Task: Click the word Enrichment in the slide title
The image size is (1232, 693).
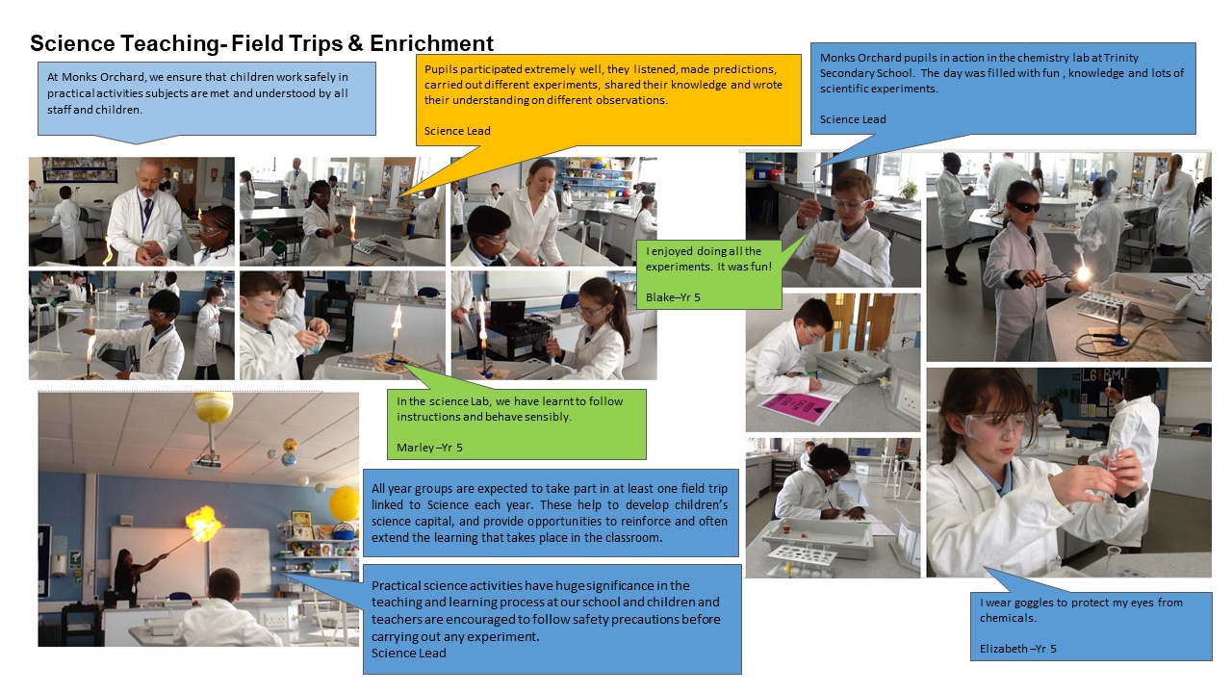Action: pos(431,43)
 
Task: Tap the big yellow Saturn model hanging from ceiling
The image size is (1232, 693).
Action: pos(214,406)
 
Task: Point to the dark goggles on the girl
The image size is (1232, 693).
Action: pos(1025,207)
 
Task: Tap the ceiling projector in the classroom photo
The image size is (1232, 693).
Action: pos(204,465)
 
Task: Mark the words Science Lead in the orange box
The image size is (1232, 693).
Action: pos(457,131)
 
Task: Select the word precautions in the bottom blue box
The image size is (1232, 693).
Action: pos(644,619)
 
